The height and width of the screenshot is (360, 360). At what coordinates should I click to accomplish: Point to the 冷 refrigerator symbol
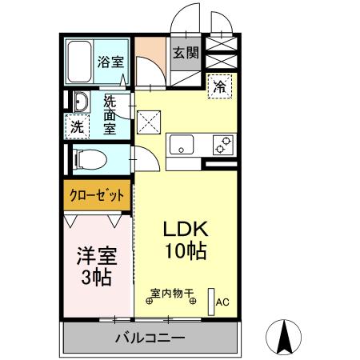pyautogui.click(x=218, y=87)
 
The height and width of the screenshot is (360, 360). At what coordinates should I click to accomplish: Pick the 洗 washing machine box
pyautogui.click(x=77, y=126)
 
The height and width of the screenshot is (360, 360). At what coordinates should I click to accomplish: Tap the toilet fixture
pyautogui.click(x=90, y=158)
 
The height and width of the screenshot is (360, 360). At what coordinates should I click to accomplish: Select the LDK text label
pyautogui.click(x=186, y=229)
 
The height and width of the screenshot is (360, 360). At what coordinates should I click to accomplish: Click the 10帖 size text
pyautogui.click(x=186, y=251)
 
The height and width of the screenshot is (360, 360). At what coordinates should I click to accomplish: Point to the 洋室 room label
pyautogui.click(x=96, y=257)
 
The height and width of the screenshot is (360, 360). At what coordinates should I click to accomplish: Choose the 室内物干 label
pyautogui.click(x=172, y=294)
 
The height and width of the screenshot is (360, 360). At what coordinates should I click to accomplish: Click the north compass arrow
pyautogui.click(x=283, y=336)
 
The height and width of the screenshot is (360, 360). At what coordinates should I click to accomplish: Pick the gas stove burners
pyautogui.click(x=222, y=146)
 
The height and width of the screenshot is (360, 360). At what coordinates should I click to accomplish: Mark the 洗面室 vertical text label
pyautogui.click(x=110, y=115)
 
